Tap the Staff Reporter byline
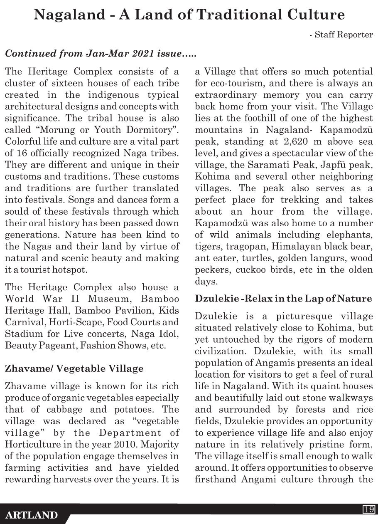click(x=341, y=35)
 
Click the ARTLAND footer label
click(x=32, y=515)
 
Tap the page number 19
click(x=369, y=509)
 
